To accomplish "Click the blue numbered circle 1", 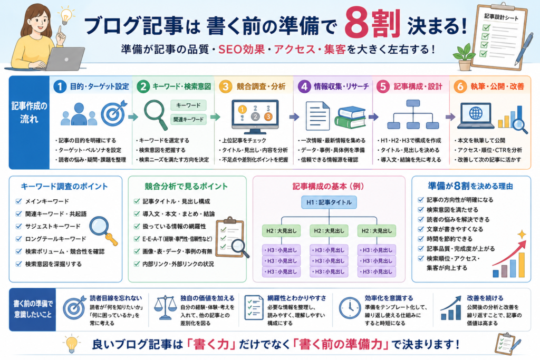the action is point(60,86).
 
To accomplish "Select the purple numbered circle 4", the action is point(304,86).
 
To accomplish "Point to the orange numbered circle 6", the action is point(460,86).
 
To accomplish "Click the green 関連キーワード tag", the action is point(188,119).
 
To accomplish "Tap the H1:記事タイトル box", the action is point(329,202).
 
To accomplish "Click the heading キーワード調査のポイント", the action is point(64,186).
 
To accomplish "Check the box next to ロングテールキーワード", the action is point(18,239).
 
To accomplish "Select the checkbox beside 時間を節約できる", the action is point(420,239).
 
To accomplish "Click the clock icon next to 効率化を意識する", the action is point(350,308).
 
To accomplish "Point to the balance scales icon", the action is point(165,307).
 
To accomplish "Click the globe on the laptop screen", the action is point(476,113).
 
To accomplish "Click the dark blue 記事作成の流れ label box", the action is point(30,122).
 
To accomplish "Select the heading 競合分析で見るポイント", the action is point(186,186).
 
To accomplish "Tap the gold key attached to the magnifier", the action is point(112,239).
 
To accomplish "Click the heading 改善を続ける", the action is point(485,298).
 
